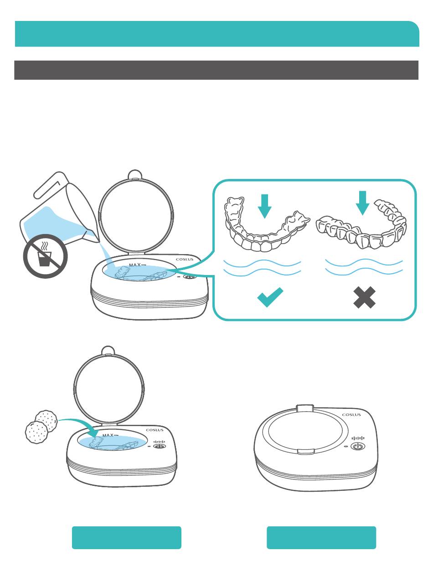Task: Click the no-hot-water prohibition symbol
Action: pos(46,256)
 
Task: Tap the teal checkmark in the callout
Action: pos(270,297)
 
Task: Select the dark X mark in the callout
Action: pos(364,297)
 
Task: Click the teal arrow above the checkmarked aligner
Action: pos(264,206)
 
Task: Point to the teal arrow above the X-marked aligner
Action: pos(362,203)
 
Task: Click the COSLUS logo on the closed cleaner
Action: pos(351,415)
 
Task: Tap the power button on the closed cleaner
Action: pos(358,447)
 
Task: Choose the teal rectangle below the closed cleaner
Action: pos(321,537)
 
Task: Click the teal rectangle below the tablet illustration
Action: pos(127,537)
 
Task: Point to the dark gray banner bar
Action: pos(216,70)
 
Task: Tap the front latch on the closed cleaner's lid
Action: pos(306,451)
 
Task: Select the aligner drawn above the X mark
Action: pos(361,224)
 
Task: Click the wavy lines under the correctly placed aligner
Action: pos(263,268)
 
